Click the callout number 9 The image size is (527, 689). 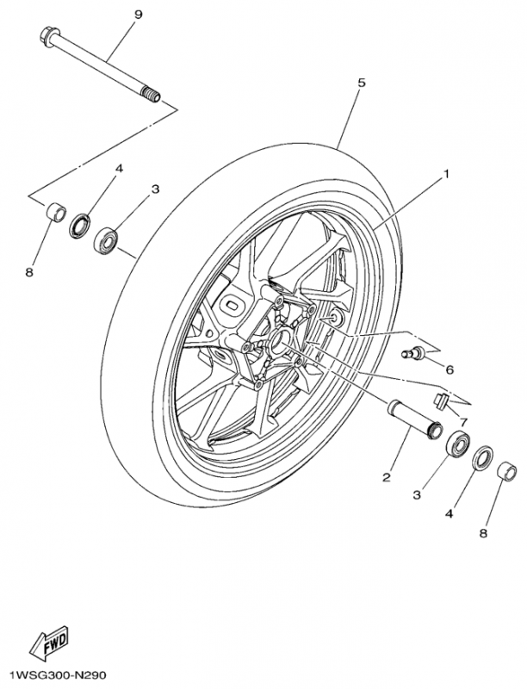139,15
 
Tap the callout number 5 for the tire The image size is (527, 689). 362,83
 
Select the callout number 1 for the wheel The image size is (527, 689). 447,174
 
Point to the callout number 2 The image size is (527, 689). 387,476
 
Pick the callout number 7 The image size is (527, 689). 462,422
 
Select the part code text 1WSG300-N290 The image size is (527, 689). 58,676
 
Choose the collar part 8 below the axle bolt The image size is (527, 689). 55,211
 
